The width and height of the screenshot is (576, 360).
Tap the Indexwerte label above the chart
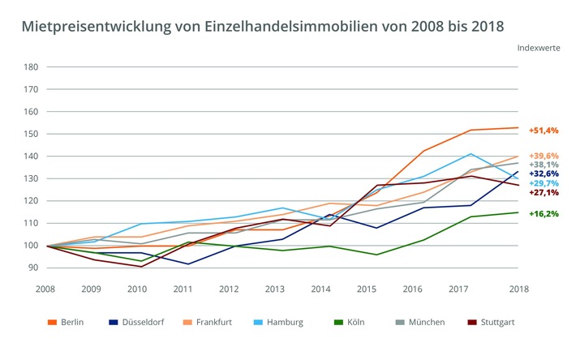click(539, 47)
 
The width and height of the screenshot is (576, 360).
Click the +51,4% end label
click(543, 130)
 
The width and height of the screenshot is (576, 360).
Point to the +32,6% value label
click(543, 173)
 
